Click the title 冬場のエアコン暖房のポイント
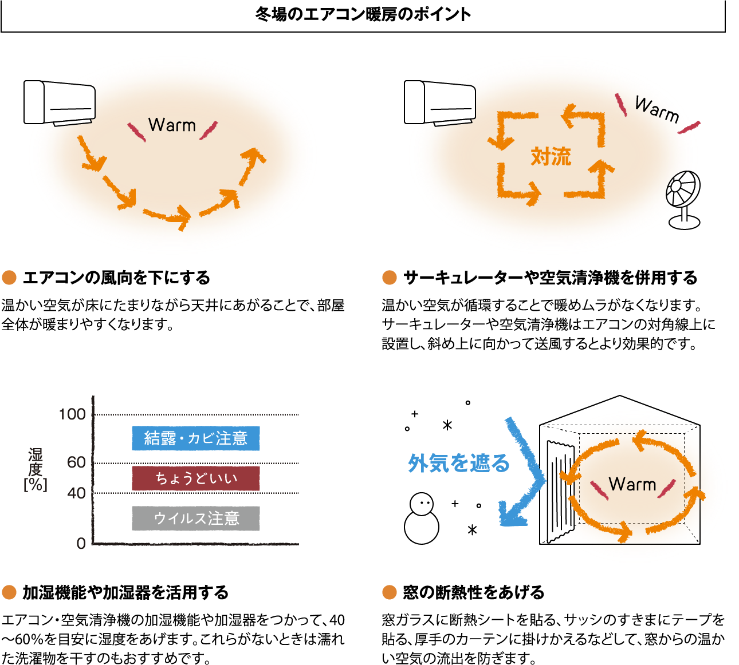363,15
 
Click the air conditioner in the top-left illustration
59,103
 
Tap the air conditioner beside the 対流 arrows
439,103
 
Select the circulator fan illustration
683,199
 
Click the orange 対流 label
551,156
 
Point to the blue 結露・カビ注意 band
195,438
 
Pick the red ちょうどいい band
195,478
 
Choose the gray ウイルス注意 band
195,518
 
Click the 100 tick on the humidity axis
72,414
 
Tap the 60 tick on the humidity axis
76,462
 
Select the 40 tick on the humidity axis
76,493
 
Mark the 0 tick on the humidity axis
81,543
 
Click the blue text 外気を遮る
459,463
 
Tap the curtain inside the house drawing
559,489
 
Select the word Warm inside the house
632,485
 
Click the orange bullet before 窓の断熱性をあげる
390,592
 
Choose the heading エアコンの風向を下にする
117,278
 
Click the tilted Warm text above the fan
657,110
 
